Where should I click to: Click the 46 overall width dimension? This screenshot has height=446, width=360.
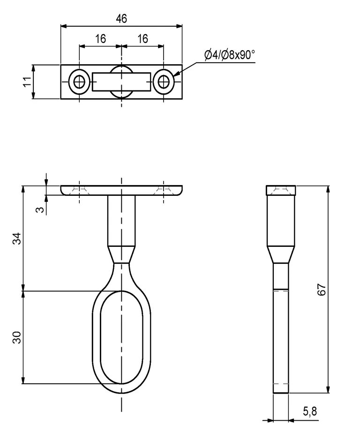point(121,18)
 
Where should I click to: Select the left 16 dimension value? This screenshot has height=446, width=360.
point(100,39)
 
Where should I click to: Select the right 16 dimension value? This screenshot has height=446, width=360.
point(142,39)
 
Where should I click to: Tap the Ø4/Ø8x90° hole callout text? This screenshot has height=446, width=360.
point(230,55)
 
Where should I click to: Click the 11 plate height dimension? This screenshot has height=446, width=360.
point(28,82)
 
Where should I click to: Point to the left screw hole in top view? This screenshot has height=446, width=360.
point(79,82)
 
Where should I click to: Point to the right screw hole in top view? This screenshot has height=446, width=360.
point(163,82)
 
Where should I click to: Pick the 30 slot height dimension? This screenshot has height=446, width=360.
point(16,337)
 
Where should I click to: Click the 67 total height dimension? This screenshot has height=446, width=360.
point(321,290)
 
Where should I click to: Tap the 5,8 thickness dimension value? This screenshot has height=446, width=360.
point(310,412)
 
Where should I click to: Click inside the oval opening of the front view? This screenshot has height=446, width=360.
point(121,337)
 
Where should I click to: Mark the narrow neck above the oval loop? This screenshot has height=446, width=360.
point(121,256)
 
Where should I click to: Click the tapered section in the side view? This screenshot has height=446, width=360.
point(281,255)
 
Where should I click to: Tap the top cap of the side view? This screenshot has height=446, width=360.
point(281,190)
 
